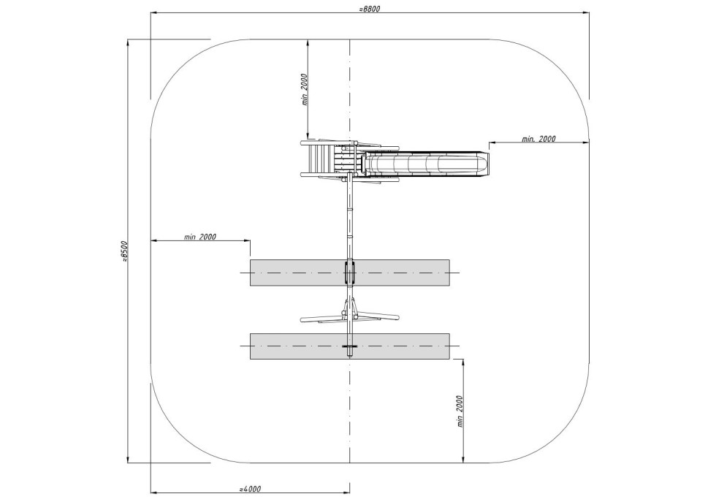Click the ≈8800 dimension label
coord(370,9)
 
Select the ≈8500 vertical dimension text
coord(125,251)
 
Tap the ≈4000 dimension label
coord(250,489)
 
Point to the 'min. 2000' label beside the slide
coord(539,138)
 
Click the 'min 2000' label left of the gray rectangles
coord(200,237)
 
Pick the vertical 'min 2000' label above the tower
coord(305,90)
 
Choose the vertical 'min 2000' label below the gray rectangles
coord(460,411)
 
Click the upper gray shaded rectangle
coord(349,273)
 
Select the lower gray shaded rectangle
coord(349,346)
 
